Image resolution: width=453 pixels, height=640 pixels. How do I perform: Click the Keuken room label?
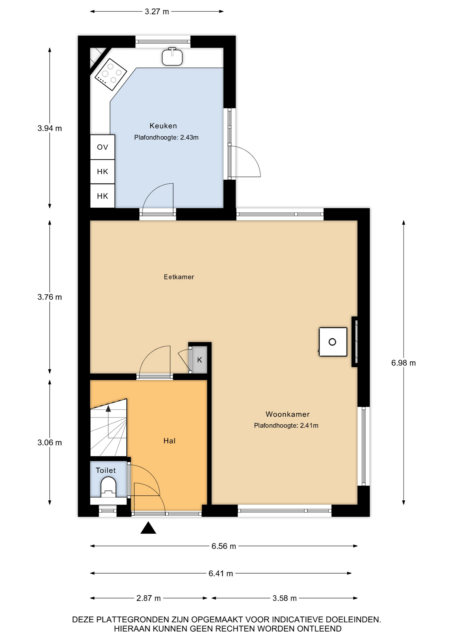coord(163,126)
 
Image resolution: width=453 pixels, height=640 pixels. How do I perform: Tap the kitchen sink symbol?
coord(172,57)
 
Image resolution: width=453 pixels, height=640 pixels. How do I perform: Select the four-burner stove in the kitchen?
coord(111,74)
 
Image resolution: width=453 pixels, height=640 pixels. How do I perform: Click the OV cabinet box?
coord(102,147)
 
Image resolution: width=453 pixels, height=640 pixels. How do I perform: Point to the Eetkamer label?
coord(179,277)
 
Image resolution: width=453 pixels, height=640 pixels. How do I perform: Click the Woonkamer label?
coord(288,414)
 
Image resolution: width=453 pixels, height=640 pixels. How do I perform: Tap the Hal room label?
coord(169,441)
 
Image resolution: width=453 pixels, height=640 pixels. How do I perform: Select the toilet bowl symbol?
coord(108,487)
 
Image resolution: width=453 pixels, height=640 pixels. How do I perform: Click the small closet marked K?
coord(199,360)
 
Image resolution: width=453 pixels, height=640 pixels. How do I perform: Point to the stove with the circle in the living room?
coord(333,342)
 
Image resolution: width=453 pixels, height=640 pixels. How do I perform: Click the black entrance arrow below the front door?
coord(148,528)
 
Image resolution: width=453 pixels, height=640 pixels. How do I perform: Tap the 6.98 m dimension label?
coord(404,363)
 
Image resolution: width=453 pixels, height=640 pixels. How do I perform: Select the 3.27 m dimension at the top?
coord(157,12)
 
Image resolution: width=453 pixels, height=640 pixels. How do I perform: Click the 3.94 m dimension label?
coord(50,128)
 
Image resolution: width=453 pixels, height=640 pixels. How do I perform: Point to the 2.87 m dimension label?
coord(148,598)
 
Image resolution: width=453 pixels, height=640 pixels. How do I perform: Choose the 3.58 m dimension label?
coord(285,598)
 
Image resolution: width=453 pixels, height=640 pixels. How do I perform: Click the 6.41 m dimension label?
coord(221,574)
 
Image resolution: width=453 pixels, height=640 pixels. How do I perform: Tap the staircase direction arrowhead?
coord(108,409)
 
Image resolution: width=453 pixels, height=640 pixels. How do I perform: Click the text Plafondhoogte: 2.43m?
coord(166,137)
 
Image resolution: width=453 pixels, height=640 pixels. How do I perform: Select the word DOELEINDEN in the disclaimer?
coord(353,620)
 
